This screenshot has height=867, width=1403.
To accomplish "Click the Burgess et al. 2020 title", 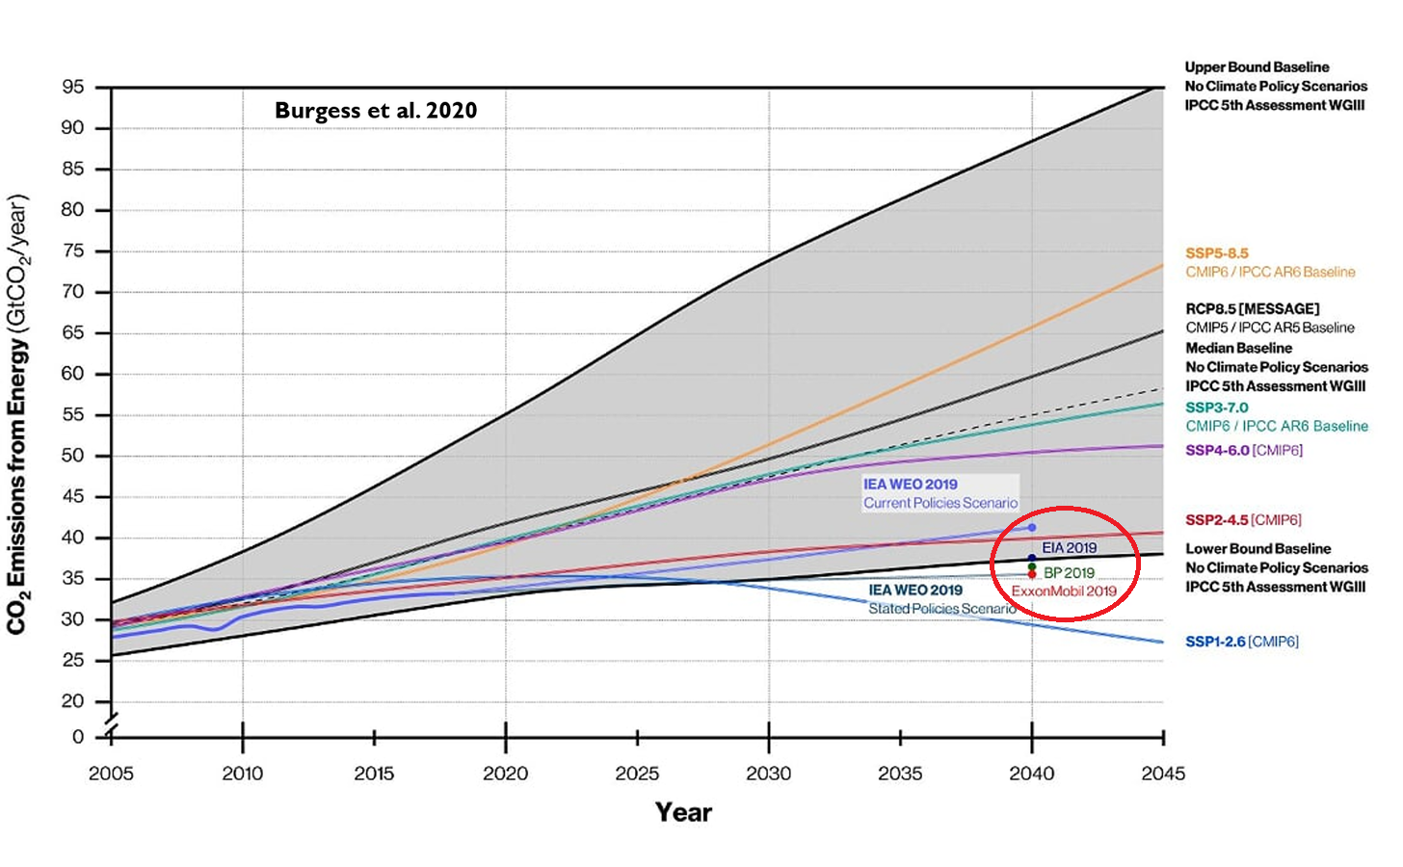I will pyautogui.click(x=376, y=111).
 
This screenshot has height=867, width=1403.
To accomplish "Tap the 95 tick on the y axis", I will pyautogui.click(x=73, y=88).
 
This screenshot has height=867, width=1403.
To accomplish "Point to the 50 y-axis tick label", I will pyautogui.click(x=73, y=456).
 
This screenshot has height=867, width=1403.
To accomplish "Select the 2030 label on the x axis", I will pyautogui.click(x=768, y=774).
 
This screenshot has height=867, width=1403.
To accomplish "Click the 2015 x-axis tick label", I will pyautogui.click(x=374, y=774).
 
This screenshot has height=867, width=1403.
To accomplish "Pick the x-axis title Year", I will pyautogui.click(x=683, y=812).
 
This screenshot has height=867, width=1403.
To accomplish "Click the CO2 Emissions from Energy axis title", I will pyautogui.click(x=17, y=414).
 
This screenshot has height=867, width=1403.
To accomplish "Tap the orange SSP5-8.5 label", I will pyautogui.click(x=1216, y=253).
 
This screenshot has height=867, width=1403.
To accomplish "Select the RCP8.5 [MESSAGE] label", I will pyautogui.click(x=1252, y=309).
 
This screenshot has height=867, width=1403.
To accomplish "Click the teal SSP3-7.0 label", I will pyautogui.click(x=1216, y=407).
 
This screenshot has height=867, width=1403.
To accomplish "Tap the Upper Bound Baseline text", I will pyautogui.click(x=1257, y=67).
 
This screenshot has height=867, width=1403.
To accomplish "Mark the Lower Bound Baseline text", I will pyautogui.click(x=1257, y=549).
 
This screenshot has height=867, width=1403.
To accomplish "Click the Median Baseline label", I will pyautogui.click(x=1238, y=348).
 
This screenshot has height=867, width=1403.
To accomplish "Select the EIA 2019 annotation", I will pyautogui.click(x=1069, y=548).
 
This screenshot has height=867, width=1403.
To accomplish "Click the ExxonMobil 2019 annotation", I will pyautogui.click(x=1064, y=591).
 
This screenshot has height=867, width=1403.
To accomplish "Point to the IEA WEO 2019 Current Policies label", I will pyautogui.click(x=940, y=493).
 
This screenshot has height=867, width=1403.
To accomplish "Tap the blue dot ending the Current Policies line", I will pyautogui.click(x=1032, y=528).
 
